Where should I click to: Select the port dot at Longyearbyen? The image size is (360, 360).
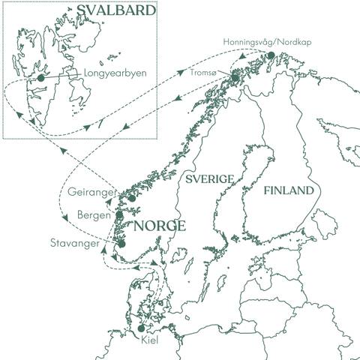coord(40,76)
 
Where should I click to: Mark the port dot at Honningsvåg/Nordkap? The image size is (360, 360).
coord(270,55)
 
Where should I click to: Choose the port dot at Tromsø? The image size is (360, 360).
coord(235,78)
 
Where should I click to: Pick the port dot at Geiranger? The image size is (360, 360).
coord(132,198)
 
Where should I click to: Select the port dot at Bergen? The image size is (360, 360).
coord(119,215)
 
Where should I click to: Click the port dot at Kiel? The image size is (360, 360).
coord(140,328)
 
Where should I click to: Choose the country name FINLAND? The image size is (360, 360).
coord(288,191)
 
